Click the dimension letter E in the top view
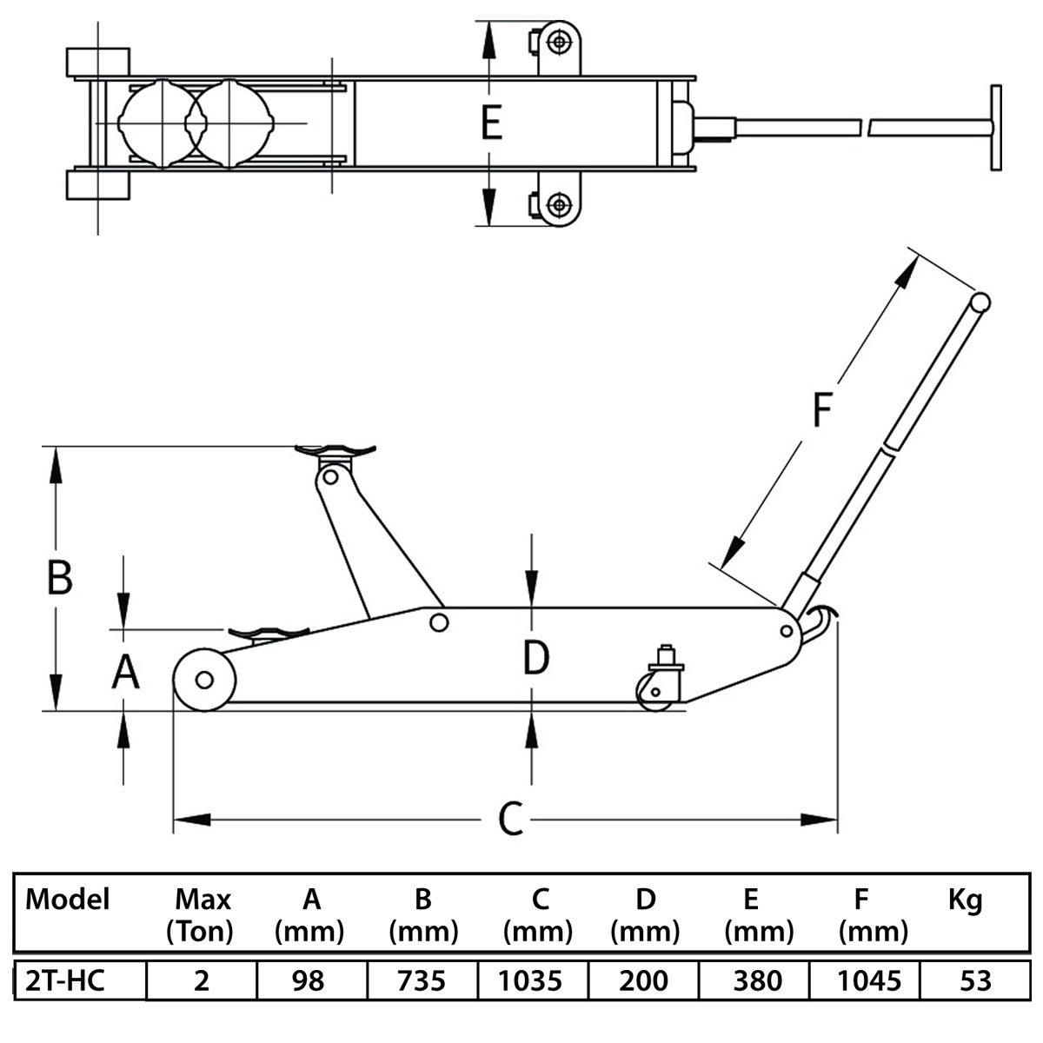491,123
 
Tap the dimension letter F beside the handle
822,409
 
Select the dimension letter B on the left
60,577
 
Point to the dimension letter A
125,671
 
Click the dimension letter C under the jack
510,818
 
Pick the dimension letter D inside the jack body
536,657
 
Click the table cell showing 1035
530,980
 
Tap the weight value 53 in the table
975,980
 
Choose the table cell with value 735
421,980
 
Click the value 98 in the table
308,980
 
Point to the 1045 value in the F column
869,980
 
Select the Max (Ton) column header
200,915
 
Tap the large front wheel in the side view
204,680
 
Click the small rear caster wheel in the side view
654,693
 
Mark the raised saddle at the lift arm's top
335,449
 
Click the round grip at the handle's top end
980,302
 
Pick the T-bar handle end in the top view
996,128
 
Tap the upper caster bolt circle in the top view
559,42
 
